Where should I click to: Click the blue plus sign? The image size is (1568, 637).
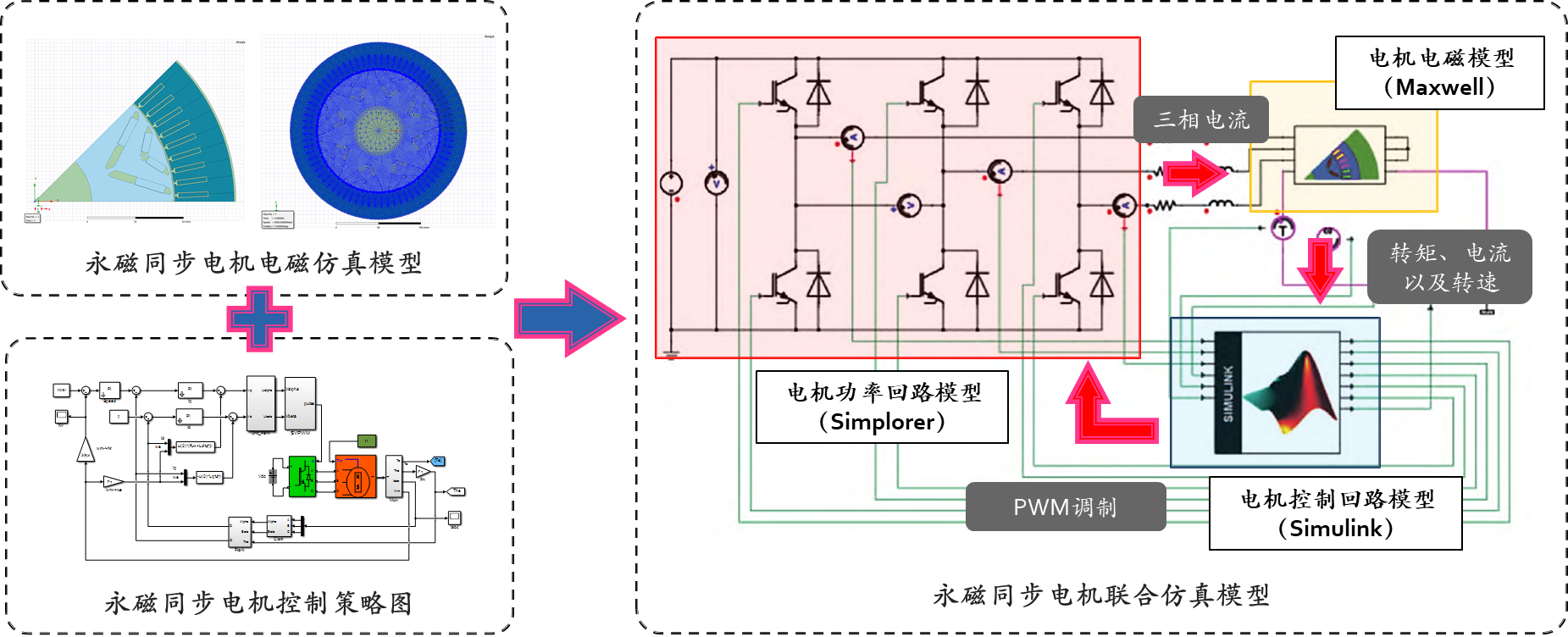click(259, 319)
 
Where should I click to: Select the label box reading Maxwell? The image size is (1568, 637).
click(1438, 73)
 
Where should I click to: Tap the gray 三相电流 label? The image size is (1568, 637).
click(1201, 120)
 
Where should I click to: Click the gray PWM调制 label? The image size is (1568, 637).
click(1065, 507)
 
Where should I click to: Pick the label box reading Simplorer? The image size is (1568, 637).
click(882, 407)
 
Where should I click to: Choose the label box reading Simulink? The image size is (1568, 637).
click(1336, 513)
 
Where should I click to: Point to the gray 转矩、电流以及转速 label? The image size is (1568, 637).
click(1449, 267)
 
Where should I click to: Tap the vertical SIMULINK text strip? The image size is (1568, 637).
click(1228, 393)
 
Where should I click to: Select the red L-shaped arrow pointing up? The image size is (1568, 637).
click(1105, 408)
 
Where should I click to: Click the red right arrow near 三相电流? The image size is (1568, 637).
click(1195, 174)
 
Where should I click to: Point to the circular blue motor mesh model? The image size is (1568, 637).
click(379, 130)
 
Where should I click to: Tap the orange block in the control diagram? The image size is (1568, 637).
click(356, 476)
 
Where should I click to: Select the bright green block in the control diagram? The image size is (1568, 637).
click(302, 476)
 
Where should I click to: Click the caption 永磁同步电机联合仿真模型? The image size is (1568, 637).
click(1101, 595)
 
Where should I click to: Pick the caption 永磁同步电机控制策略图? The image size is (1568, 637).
click(258, 603)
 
